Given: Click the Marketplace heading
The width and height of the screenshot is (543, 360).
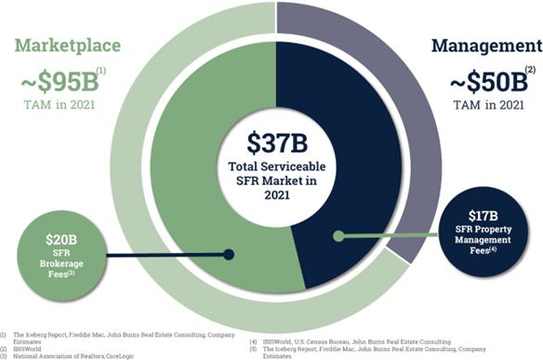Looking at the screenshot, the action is [x=68, y=47].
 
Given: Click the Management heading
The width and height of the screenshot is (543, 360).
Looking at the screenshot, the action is [x=487, y=47].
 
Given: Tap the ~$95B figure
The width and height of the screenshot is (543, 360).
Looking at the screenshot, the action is [x=60, y=82].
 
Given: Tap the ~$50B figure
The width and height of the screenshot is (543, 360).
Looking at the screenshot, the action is [x=489, y=82].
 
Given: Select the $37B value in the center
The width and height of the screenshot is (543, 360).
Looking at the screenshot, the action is [x=277, y=143].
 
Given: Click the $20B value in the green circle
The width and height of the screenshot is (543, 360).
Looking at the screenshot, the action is [x=61, y=240].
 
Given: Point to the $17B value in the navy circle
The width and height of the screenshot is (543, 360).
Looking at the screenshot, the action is [x=483, y=216].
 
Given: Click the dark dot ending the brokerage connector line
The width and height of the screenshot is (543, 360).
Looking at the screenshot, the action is [x=229, y=255].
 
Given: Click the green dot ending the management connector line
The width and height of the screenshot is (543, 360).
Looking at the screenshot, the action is [x=338, y=236].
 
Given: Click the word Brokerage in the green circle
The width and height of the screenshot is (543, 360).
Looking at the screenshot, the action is [x=61, y=263].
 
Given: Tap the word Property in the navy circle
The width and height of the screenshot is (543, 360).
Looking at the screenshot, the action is [x=493, y=230].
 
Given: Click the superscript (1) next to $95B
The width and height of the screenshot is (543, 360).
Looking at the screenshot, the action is [x=101, y=71].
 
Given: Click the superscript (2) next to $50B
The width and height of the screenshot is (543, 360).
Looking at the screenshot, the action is [x=530, y=70].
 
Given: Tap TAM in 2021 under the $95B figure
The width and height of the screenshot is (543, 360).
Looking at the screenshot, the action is [x=60, y=104].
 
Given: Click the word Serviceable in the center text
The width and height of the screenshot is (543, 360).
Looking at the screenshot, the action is [x=293, y=167].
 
